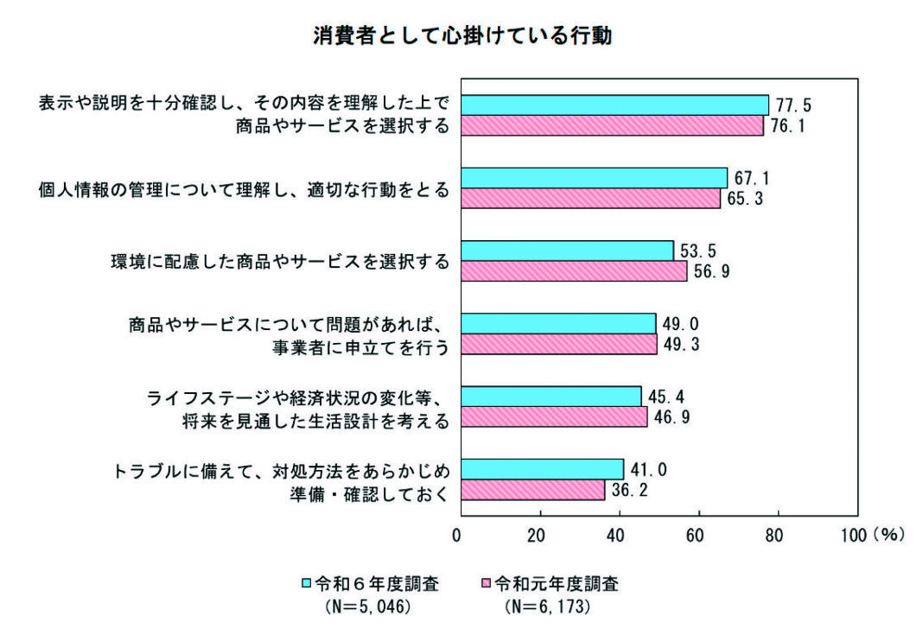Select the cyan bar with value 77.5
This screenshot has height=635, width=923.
click(614, 105)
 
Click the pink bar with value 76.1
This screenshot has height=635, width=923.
click(611, 126)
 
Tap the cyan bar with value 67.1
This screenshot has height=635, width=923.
click(593, 177)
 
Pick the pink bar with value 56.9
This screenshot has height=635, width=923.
click(573, 271)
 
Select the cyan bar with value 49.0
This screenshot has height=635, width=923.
click(557, 323)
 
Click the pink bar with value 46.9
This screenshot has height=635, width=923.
click(553, 417)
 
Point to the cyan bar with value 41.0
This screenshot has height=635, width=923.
click(541, 469)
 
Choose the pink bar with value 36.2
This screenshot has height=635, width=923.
click(532, 491)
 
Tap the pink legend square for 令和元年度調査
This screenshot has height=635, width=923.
click(484, 584)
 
